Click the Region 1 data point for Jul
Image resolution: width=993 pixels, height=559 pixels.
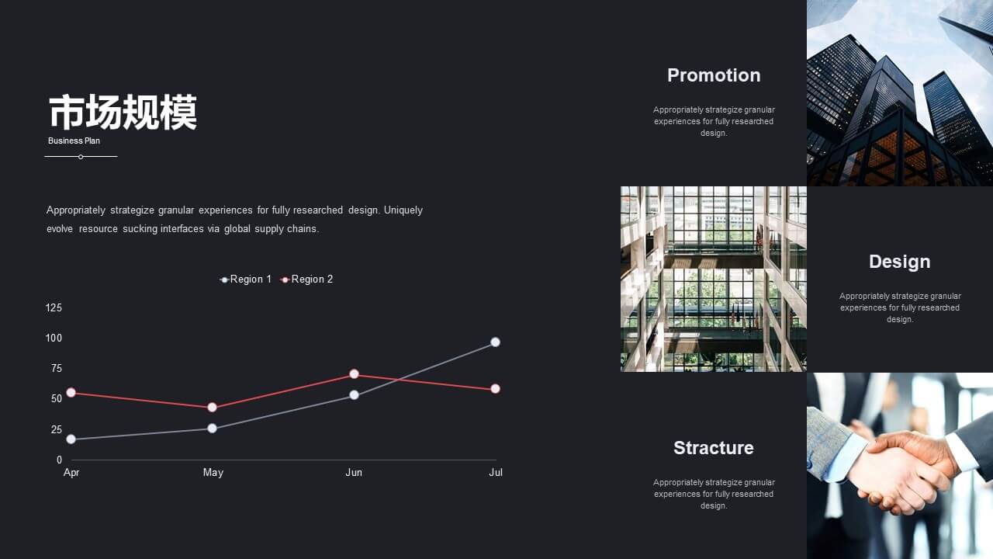coord(495,342)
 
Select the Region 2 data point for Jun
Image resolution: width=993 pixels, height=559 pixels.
coord(354,374)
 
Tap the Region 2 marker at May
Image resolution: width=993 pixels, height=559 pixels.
coord(212,408)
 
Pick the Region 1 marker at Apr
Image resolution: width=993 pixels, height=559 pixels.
coord(71,439)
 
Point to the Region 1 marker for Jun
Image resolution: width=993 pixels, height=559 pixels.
coord(354,395)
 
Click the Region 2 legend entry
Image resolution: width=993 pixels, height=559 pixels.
coord(306,279)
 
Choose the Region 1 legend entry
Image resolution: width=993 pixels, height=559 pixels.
coord(246,279)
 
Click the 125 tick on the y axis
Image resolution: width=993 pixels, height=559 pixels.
coord(54,308)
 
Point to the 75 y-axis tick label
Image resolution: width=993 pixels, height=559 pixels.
coord(57,368)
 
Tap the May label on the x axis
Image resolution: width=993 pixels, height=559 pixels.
coord(213,473)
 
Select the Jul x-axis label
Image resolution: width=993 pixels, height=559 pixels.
coord(496,473)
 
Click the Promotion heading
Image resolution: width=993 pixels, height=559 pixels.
coord(714,75)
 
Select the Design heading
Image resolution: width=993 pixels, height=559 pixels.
coord(899,262)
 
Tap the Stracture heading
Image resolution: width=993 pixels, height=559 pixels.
coord(713,448)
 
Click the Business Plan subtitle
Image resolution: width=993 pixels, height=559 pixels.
coord(74,141)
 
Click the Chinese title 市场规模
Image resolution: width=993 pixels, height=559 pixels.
coord(123,113)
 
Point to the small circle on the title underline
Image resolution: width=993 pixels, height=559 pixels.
coord(81,157)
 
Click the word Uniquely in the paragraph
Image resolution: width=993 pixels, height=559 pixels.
coord(403,210)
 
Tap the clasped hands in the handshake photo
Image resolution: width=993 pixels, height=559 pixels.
coord(900,473)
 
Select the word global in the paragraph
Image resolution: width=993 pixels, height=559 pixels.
coord(237,229)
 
